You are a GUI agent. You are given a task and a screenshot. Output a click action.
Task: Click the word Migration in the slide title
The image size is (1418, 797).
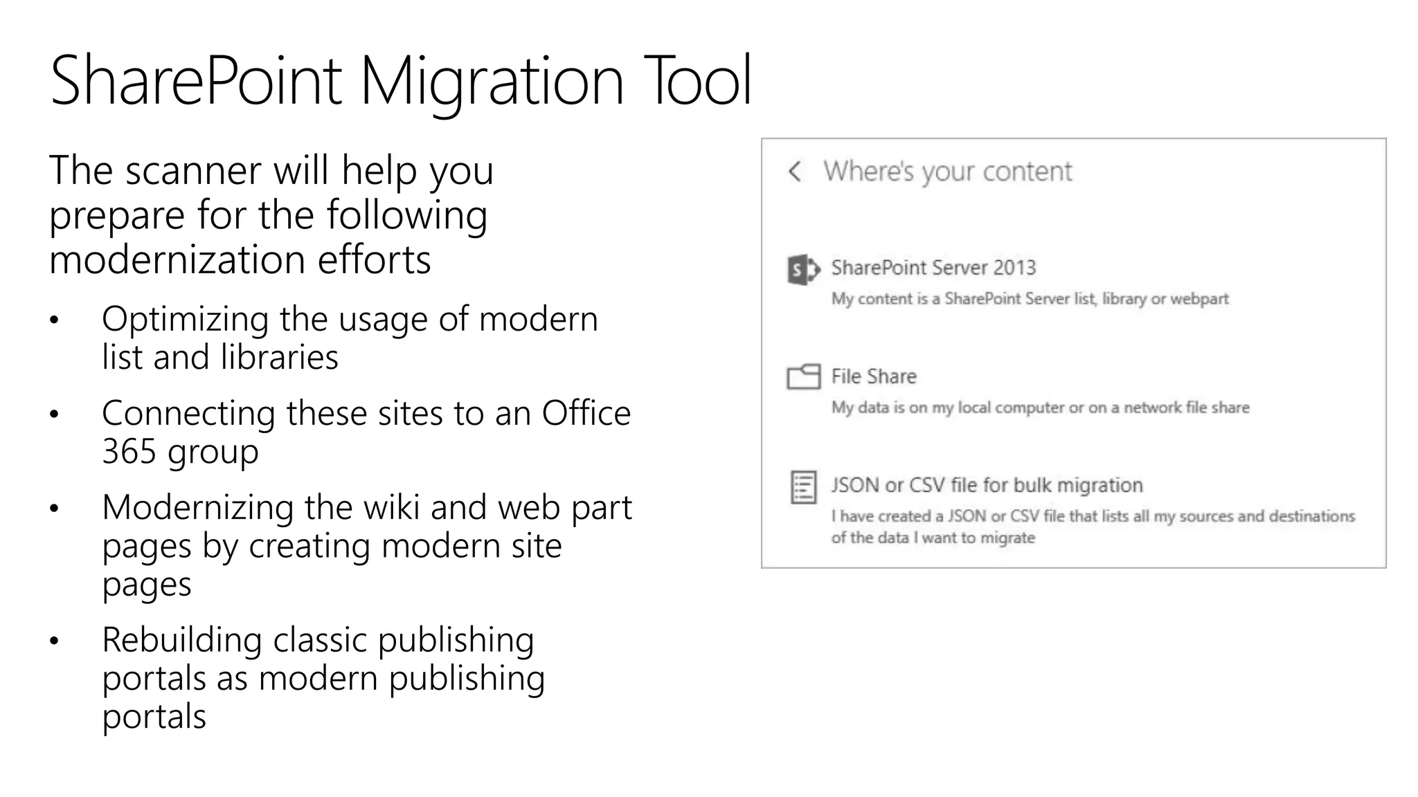tap(491, 82)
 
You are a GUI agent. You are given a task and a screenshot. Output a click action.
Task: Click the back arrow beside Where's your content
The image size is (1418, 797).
tap(795, 172)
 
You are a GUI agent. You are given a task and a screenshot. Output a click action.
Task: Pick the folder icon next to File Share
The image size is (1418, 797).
tap(803, 377)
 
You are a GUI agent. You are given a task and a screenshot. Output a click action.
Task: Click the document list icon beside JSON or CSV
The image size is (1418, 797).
tap(803, 488)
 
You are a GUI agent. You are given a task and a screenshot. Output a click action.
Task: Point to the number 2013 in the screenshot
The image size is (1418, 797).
tap(1014, 268)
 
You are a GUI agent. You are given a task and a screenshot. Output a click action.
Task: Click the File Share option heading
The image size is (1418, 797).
tap(874, 376)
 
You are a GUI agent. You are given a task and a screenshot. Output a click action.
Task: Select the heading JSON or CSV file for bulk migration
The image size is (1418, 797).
tap(987, 485)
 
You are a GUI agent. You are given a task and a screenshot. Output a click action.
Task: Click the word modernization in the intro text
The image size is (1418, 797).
tap(177, 260)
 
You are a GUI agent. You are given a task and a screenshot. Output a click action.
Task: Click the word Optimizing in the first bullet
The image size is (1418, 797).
tap(185, 320)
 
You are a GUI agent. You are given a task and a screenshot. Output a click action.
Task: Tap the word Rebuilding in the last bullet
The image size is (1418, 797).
tap(181, 640)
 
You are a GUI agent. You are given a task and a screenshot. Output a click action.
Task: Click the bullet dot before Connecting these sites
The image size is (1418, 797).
tap(55, 414)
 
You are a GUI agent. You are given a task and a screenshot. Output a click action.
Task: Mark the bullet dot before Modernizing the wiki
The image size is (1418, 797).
tap(55, 509)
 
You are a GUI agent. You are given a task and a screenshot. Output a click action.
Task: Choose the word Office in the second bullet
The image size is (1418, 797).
tap(586, 414)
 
